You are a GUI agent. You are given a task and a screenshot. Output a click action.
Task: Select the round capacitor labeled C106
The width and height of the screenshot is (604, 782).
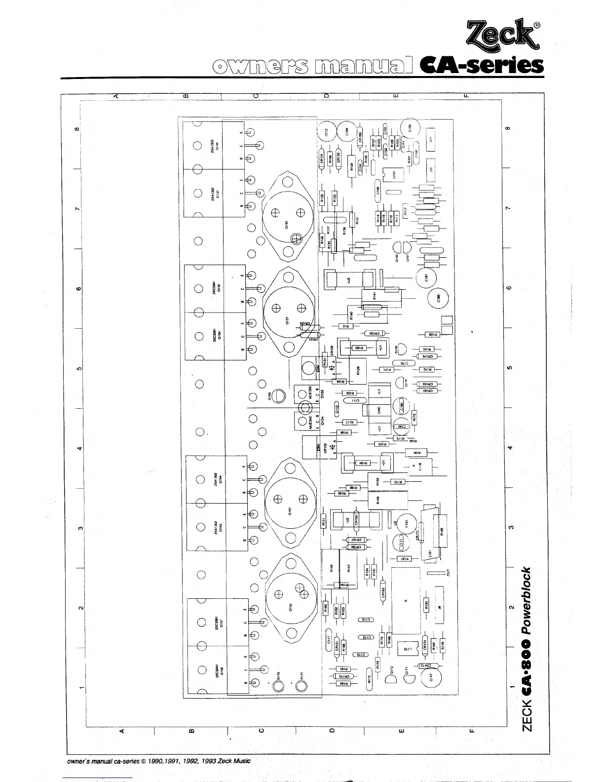(x=410, y=128)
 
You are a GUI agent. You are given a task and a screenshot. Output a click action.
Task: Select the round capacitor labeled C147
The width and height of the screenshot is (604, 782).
(x=430, y=679)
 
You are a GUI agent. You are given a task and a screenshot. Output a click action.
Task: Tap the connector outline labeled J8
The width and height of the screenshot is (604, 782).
(x=439, y=608)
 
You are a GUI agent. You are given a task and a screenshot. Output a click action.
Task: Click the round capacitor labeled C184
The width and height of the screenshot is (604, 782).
(x=347, y=131)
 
